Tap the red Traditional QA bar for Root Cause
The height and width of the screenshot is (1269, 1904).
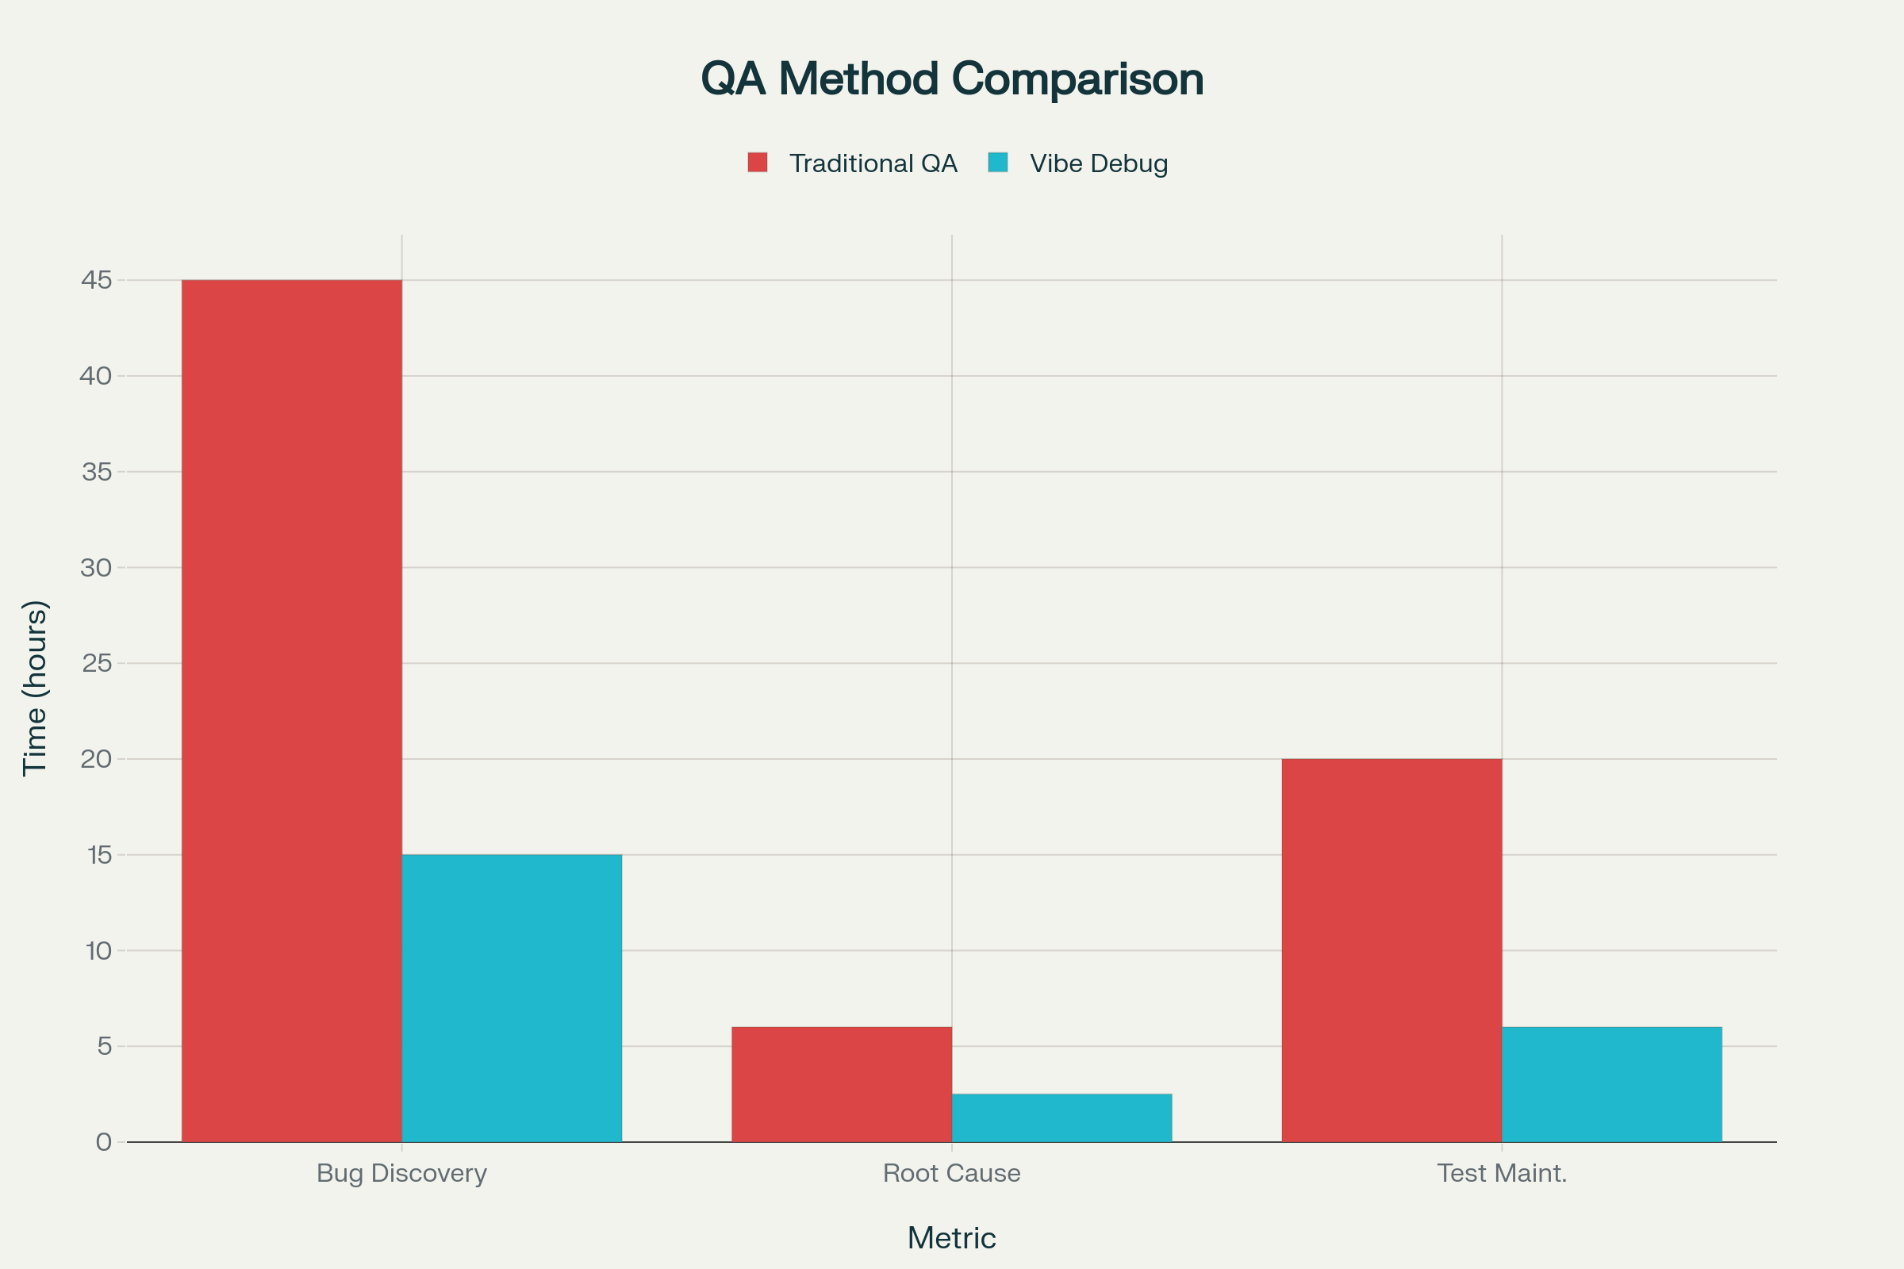(x=841, y=1084)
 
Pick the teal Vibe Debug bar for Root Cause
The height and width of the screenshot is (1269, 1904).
(x=1061, y=1118)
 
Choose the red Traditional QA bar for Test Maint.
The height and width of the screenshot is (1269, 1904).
(x=1391, y=950)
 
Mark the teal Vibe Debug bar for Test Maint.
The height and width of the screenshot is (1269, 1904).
(x=1611, y=1084)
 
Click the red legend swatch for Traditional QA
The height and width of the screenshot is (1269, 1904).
(x=757, y=162)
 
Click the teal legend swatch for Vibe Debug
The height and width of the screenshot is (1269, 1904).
(x=997, y=162)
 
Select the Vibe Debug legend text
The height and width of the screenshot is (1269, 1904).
(x=1099, y=163)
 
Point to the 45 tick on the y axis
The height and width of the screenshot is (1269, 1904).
(x=96, y=280)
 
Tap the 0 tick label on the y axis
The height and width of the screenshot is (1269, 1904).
(x=104, y=1142)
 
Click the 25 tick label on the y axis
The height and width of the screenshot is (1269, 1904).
(x=96, y=663)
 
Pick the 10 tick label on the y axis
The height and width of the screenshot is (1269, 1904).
(x=98, y=950)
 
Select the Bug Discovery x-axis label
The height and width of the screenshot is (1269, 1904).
(x=401, y=1173)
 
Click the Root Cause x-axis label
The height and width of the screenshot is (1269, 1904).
(x=951, y=1173)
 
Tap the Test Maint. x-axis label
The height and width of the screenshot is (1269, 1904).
(x=1502, y=1173)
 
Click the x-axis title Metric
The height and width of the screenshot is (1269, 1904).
(x=951, y=1238)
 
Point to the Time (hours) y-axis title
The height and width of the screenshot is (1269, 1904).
(x=35, y=688)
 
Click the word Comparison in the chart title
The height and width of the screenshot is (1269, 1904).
(x=1077, y=79)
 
